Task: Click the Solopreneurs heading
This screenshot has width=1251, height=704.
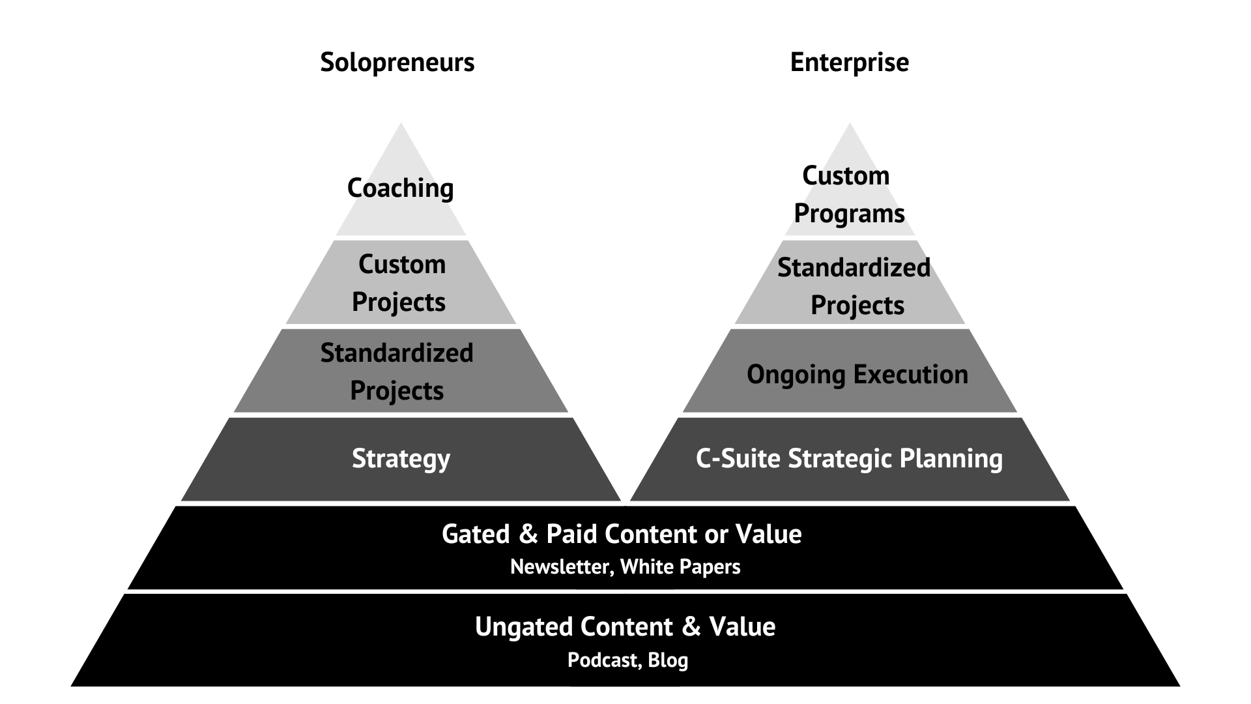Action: (397, 63)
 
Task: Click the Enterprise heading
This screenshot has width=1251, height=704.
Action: (849, 63)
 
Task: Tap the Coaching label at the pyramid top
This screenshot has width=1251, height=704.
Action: (400, 188)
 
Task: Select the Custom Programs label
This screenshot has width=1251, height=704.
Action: (848, 194)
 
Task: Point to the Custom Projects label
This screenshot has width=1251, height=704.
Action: (399, 283)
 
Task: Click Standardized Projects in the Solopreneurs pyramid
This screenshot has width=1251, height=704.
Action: (397, 372)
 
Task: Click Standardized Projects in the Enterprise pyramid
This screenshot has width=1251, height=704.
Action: (854, 286)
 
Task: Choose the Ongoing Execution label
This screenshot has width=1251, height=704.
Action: (857, 375)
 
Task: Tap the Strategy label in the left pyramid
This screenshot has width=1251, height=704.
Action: (401, 459)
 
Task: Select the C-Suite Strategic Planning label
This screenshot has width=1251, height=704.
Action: (849, 459)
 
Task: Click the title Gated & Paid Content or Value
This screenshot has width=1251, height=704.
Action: (622, 535)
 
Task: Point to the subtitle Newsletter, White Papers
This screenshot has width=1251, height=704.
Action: (625, 567)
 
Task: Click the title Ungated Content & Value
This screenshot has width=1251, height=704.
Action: (625, 627)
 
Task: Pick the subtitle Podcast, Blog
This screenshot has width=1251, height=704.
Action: (627, 660)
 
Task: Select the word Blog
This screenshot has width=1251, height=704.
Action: (668, 660)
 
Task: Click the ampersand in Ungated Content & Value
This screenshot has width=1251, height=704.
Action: (691, 627)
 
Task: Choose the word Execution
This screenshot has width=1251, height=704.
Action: (910, 375)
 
